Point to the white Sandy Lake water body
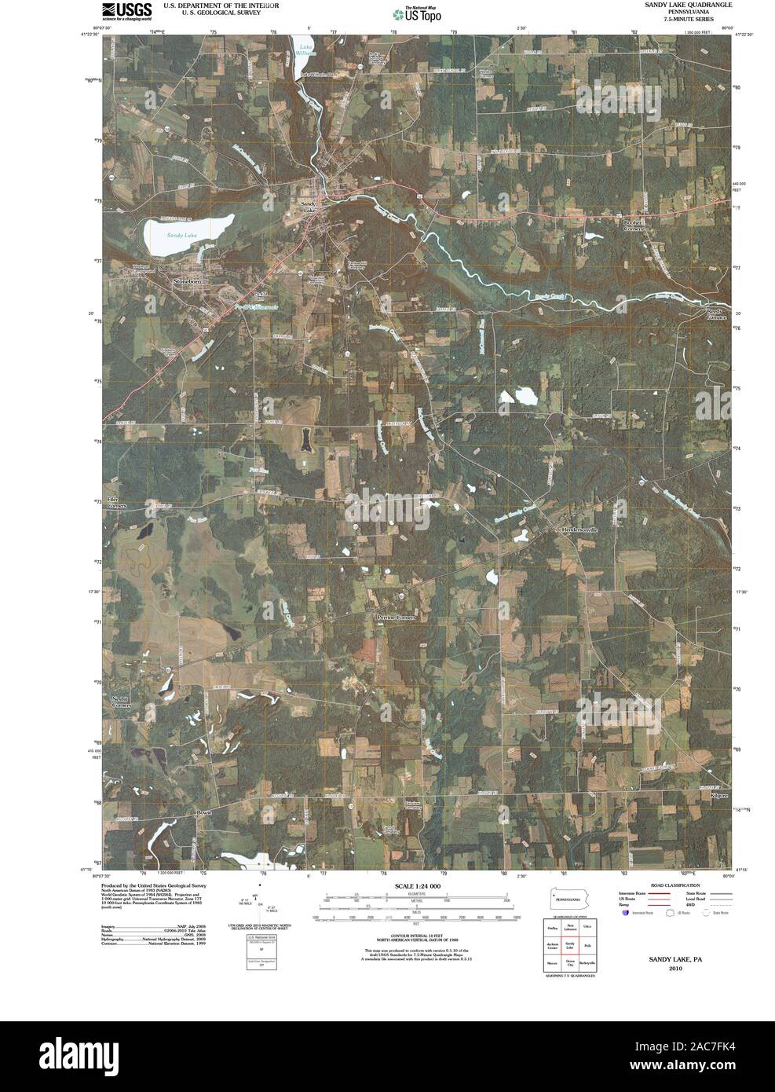[188, 233]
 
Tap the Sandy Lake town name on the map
[310, 208]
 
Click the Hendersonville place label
[579, 530]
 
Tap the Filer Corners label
[116, 502]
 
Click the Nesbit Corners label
[119, 702]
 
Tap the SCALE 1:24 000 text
[419, 885]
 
